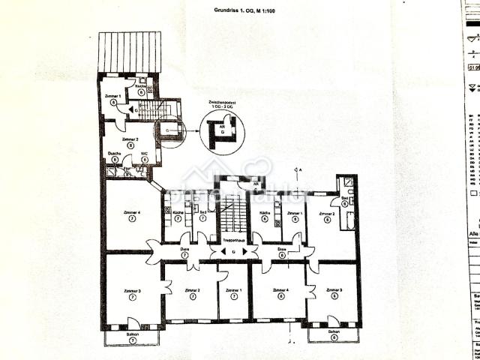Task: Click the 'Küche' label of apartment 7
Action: point(178,214)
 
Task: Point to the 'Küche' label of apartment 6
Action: point(264,214)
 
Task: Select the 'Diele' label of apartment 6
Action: point(282,249)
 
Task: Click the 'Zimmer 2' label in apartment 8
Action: point(130,140)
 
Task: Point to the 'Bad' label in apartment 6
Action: point(343,199)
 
